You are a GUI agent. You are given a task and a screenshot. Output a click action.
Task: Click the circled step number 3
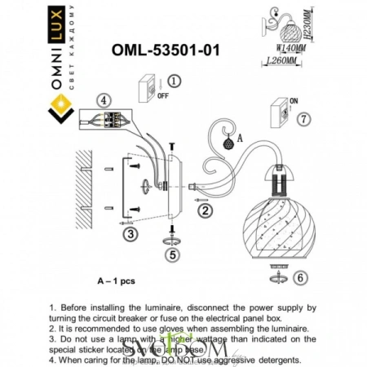[x=128, y=234]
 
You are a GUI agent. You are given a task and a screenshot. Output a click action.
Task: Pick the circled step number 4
[x=103, y=101]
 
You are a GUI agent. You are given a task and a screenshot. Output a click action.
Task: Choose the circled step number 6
[x=299, y=278]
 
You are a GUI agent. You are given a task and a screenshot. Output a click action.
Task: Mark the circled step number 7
[x=301, y=120]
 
